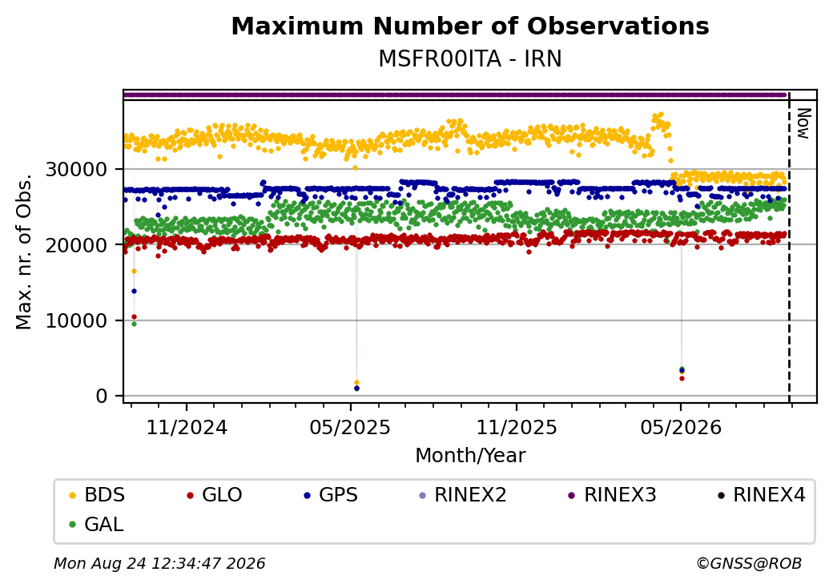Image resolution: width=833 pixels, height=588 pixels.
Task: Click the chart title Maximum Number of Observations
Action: (x=470, y=26)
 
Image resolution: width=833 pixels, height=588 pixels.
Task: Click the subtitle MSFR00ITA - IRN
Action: (x=470, y=59)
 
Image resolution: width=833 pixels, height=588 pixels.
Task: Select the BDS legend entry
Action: (x=97, y=495)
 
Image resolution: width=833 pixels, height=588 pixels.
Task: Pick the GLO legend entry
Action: (x=215, y=495)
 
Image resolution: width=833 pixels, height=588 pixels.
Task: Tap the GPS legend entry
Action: (x=331, y=495)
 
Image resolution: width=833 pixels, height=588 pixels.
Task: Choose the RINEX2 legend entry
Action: (x=463, y=495)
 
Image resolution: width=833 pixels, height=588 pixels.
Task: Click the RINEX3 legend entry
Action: (x=613, y=495)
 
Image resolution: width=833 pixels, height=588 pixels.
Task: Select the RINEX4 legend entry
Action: (x=761, y=495)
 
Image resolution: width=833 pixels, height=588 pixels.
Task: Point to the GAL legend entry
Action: (x=97, y=524)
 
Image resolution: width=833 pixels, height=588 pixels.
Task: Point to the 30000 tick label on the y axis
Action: (x=77, y=170)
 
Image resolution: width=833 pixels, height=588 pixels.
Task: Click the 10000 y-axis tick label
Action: (x=77, y=320)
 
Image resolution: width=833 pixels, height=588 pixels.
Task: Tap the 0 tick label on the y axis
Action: (x=102, y=397)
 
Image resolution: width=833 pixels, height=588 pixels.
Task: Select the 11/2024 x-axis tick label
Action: (x=187, y=428)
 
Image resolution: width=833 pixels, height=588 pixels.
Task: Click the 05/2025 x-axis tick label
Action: (x=350, y=428)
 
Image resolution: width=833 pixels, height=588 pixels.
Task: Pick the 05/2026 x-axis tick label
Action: (x=681, y=428)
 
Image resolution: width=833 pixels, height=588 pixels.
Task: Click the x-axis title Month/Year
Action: (x=470, y=456)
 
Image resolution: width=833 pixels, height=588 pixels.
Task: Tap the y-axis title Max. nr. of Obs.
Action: (x=25, y=251)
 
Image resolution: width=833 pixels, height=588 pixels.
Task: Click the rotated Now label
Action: (x=804, y=123)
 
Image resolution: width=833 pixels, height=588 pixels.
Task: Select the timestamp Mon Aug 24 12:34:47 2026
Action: (x=159, y=563)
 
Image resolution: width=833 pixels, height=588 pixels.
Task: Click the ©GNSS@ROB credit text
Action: (x=749, y=563)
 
